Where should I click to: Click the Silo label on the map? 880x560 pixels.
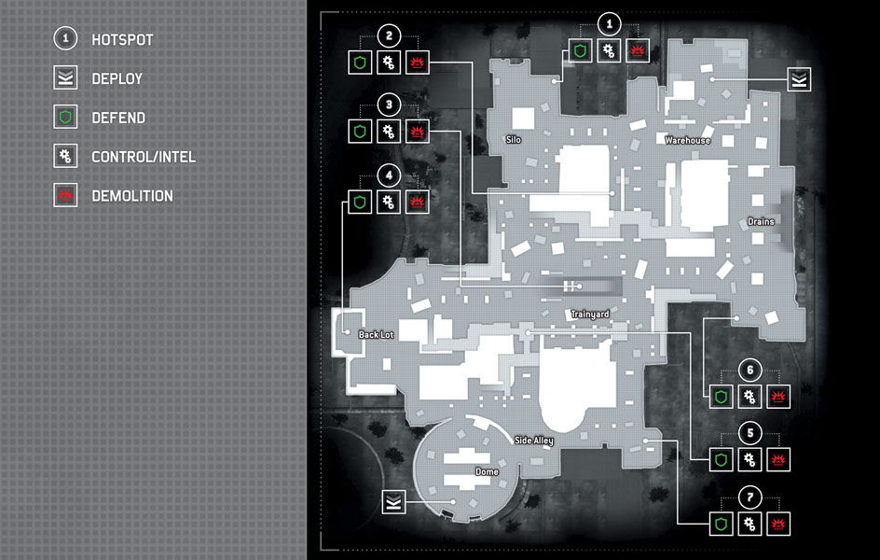click(514, 140)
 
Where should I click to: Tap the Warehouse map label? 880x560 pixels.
click(688, 140)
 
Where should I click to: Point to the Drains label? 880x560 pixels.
click(761, 222)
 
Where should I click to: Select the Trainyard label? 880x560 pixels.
click(590, 315)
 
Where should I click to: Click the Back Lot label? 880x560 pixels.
click(376, 335)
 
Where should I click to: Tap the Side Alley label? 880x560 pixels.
click(534, 441)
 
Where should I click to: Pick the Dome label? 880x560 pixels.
click(487, 472)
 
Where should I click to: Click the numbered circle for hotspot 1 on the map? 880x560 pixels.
click(610, 24)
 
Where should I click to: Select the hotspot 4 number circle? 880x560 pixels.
click(389, 175)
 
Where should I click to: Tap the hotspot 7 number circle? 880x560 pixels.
click(749, 497)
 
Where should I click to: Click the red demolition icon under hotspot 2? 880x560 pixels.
click(417, 63)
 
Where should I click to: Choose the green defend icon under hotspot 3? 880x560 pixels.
click(360, 132)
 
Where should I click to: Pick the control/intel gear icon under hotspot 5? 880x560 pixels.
click(749, 460)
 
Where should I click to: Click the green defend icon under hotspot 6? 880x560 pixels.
click(722, 397)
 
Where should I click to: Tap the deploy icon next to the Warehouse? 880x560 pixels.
click(799, 79)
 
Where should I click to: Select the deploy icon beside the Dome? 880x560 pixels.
click(393, 501)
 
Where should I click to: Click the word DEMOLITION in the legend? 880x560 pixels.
click(132, 196)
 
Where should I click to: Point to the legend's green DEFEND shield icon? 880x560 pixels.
click(65, 118)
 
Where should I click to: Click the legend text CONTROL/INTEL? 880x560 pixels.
click(144, 157)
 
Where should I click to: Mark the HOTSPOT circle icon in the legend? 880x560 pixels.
click(65, 39)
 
